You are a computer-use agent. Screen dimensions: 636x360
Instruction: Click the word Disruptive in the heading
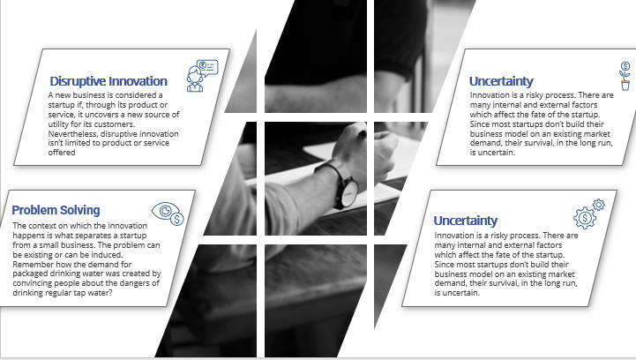pyautogui.click(x=78, y=81)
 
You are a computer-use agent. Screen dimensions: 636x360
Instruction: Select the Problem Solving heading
pyautogui.click(x=56, y=210)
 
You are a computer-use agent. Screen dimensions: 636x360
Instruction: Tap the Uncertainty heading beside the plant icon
pyautogui.click(x=501, y=81)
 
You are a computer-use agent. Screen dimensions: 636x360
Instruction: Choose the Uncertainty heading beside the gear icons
pyautogui.click(x=465, y=221)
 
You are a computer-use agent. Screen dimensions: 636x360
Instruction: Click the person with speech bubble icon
pyautogui.click(x=202, y=76)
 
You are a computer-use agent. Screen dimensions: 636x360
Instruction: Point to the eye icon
pyautogui.click(x=165, y=211)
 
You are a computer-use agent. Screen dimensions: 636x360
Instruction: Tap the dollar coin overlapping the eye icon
pyautogui.click(x=176, y=219)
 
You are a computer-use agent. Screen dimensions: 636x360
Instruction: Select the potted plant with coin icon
pyautogui.click(x=625, y=76)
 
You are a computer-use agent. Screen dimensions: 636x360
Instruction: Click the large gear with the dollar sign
pyautogui.click(x=585, y=218)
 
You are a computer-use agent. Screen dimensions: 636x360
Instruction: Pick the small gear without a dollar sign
pyautogui.click(x=598, y=205)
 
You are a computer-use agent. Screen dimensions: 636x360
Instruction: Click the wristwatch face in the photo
pyautogui.click(x=349, y=193)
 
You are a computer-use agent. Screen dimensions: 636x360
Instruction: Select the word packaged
pyautogui.click(x=30, y=274)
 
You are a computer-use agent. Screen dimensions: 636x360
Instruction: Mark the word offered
pyautogui.click(x=62, y=153)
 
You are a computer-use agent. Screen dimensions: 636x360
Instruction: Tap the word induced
pyautogui.click(x=108, y=255)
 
